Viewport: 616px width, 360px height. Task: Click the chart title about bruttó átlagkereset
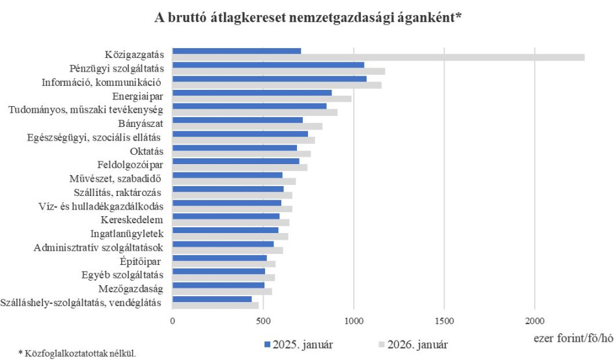[309, 18]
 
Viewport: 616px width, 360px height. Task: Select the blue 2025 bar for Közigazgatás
[236, 51]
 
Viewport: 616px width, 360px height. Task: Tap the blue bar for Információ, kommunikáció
[269, 78]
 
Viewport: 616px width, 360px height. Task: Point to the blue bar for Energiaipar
[252, 92]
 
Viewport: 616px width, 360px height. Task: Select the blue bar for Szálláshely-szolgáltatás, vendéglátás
[212, 299]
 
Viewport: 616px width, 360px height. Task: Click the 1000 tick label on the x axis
[354, 321]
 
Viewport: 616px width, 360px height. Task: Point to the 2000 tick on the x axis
[535, 321]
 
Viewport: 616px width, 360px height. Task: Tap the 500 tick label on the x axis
[263, 321]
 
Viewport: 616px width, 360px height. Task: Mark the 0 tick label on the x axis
[173, 321]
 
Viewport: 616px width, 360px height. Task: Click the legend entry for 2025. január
[300, 344]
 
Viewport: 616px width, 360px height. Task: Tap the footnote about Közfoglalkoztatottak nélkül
[72, 353]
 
